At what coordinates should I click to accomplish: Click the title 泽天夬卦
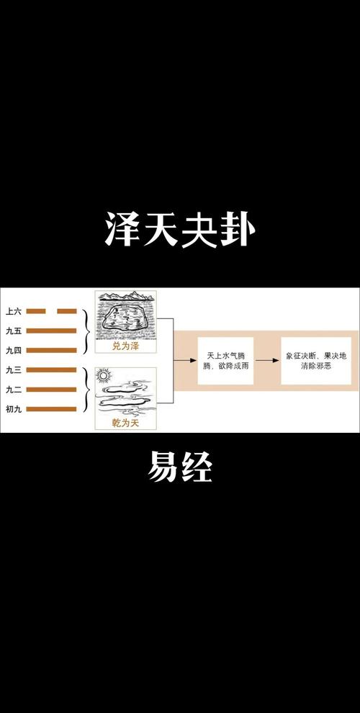[x=180, y=230]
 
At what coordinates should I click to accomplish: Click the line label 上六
[x=13, y=311]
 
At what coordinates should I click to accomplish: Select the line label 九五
[x=13, y=331]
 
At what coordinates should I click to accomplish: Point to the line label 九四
[x=13, y=350]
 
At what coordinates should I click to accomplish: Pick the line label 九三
[x=13, y=369]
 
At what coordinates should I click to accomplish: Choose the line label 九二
[x=13, y=389]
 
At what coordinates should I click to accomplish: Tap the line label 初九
[x=13, y=409]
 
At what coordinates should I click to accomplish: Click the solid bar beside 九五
[x=51, y=331]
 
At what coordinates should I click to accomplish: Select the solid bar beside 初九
[x=51, y=409]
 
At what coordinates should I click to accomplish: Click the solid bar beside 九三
[x=51, y=369]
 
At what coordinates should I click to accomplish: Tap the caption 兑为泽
[x=125, y=346]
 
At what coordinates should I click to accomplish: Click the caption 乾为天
[x=125, y=423]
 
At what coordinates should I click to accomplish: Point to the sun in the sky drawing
[x=103, y=376]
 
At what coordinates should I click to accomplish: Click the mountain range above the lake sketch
[x=125, y=296]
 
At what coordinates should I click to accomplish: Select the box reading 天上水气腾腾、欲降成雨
[x=225, y=361]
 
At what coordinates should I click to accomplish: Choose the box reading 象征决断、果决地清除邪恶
[x=316, y=361]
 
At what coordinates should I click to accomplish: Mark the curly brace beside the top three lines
[x=86, y=331]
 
